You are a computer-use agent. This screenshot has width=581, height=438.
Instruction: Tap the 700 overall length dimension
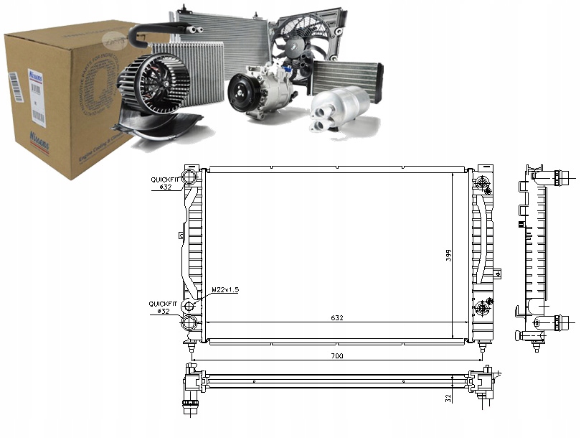click(x=336, y=355)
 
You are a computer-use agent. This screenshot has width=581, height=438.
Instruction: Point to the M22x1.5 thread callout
click(x=225, y=289)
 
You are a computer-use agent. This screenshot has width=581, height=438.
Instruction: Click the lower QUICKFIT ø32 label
click(x=161, y=307)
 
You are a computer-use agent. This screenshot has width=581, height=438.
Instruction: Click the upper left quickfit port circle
click(x=190, y=178)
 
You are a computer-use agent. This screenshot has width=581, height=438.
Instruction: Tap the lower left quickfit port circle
click(x=190, y=308)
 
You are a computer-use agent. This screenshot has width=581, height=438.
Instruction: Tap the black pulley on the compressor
click(x=241, y=94)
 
